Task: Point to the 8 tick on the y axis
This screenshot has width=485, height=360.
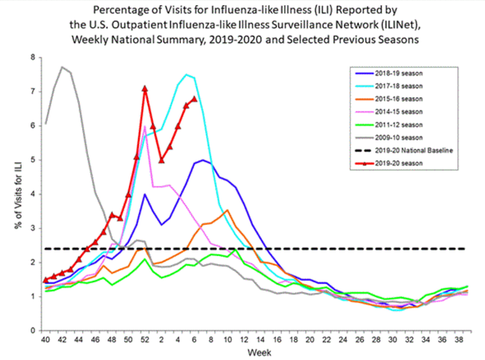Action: tap(34, 57)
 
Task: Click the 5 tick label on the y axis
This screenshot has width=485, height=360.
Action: tap(34, 160)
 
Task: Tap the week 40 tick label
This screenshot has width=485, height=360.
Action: tap(46, 340)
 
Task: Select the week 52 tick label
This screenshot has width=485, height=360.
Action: tap(144, 340)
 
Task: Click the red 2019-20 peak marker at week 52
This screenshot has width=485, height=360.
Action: tap(145, 88)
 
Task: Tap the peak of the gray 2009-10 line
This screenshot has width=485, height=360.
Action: tap(62, 67)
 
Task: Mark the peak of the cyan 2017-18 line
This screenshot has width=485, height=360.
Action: tap(187, 74)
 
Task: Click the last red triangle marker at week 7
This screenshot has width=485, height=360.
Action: tap(194, 99)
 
